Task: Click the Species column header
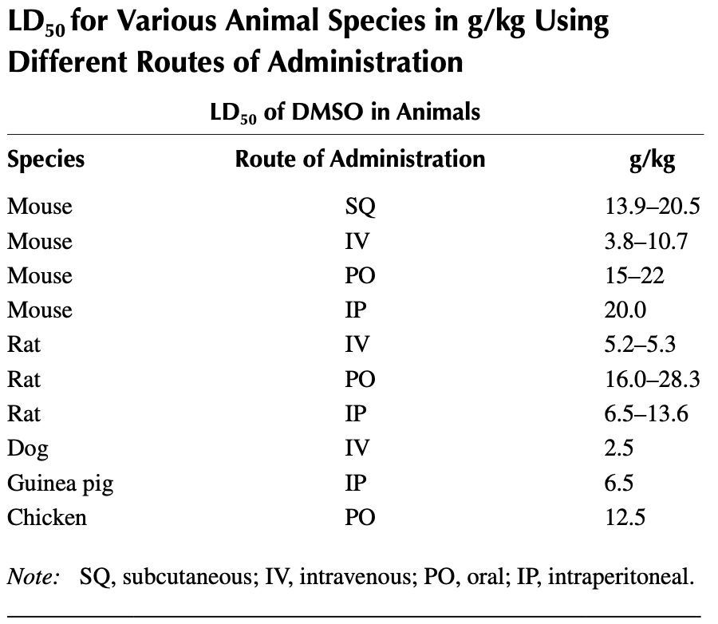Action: coord(46,160)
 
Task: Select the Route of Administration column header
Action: coord(360,159)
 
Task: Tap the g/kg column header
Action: coord(652,160)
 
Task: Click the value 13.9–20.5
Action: coord(652,207)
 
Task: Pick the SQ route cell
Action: coord(360,207)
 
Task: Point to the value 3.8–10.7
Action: coord(647,241)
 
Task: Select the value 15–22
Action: coord(635,276)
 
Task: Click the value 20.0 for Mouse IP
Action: coord(625,310)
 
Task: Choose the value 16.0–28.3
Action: coord(652,379)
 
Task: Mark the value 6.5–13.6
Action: coord(647,414)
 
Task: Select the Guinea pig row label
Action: coord(60,484)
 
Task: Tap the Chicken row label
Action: coord(47,518)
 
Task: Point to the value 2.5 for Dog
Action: coord(620,448)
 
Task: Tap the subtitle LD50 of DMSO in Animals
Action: coord(345,112)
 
